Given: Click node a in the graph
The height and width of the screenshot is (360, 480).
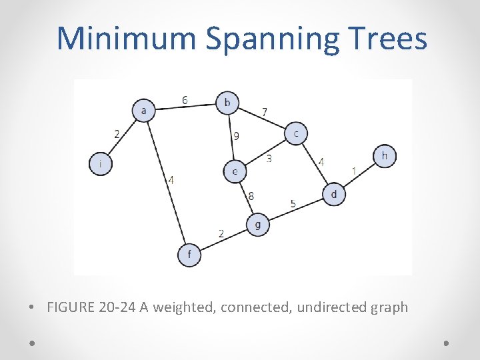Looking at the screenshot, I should (x=143, y=110).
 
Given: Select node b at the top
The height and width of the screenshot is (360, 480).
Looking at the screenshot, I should (x=227, y=103).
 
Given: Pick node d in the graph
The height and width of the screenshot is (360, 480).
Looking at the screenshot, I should (x=334, y=194).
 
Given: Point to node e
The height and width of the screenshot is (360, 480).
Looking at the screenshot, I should (x=235, y=172).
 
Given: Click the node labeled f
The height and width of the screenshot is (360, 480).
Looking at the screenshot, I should (x=189, y=255).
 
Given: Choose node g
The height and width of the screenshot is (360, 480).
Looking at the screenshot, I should (x=258, y=225).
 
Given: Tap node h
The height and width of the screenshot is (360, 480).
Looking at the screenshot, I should (x=385, y=157).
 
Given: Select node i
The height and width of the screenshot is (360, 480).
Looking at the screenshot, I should (x=101, y=163).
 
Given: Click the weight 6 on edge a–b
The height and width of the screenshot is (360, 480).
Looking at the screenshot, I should (x=185, y=100).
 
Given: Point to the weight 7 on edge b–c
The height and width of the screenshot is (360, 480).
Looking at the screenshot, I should (x=265, y=111).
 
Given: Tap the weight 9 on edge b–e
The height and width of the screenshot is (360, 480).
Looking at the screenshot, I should (x=236, y=136).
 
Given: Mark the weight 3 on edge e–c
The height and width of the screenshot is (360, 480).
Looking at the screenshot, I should (x=269, y=159).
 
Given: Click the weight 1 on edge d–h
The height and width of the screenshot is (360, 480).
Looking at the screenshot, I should (x=353, y=172).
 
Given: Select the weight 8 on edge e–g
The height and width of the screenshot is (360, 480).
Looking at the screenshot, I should (x=251, y=196).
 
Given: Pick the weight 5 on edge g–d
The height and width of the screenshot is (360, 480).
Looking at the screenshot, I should (x=293, y=203).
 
